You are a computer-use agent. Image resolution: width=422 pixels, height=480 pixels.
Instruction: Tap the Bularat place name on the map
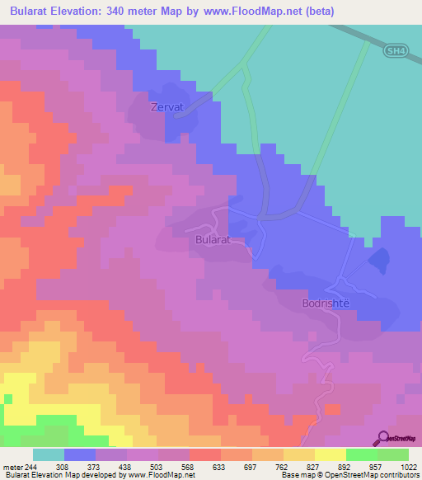(213, 240)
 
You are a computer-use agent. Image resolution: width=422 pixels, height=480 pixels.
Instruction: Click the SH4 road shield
(396, 51)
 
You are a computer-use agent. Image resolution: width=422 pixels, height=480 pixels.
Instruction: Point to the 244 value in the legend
(30, 467)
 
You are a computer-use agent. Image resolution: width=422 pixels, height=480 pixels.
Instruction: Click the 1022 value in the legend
(409, 467)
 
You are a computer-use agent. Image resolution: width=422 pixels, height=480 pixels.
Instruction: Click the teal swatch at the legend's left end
(48, 454)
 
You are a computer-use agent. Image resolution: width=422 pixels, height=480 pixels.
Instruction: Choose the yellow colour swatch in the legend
(330, 454)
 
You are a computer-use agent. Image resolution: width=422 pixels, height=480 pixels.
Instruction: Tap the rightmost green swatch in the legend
(392, 454)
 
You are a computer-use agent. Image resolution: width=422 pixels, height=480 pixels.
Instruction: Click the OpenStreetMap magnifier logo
(382, 438)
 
